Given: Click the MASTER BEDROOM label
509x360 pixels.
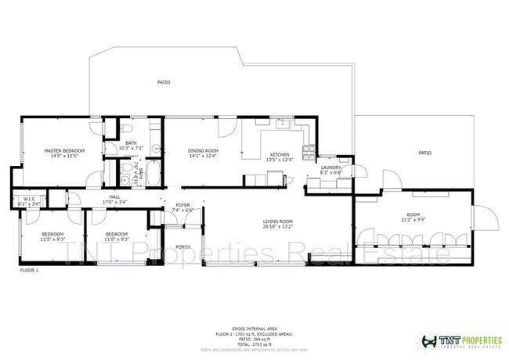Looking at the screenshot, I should (x=64, y=149).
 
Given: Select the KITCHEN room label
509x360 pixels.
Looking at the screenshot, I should (x=280, y=154).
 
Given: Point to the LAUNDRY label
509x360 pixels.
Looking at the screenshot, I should (x=330, y=167).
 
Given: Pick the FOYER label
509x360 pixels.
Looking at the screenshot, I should (x=182, y=205).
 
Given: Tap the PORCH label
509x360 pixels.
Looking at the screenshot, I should (x=182, y=247).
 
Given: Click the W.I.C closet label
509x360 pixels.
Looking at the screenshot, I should (x=28, y=199).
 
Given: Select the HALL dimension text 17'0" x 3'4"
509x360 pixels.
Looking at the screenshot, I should (x=114, y=203).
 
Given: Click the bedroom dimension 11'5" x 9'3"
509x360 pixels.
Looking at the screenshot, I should (x=52, y=238).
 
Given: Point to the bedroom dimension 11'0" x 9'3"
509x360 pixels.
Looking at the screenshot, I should (x=117, y=238).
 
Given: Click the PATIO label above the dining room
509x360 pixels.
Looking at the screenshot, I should (x=164, y=81).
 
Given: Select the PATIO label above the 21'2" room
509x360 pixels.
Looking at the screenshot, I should (x=424, y=153).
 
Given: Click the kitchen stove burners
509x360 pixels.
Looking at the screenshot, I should (x=312, y=148).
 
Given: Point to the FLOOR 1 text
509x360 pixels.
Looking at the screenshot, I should (x=29, y=269).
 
